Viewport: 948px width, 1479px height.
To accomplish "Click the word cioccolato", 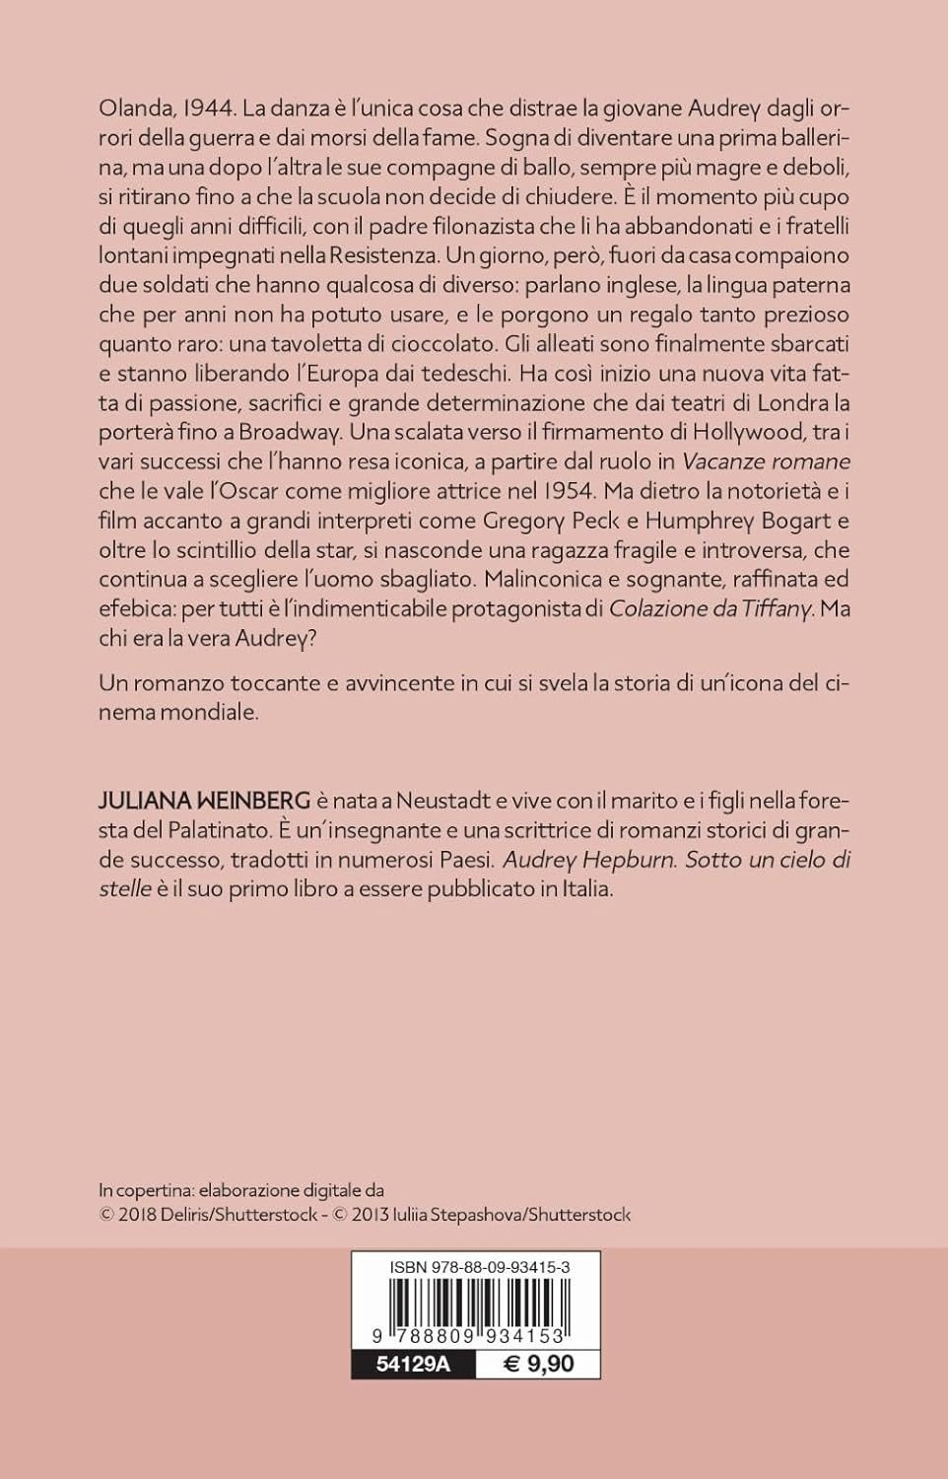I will [x=440, y=345].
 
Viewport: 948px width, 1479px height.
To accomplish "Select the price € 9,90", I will [x=538, y=1365].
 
